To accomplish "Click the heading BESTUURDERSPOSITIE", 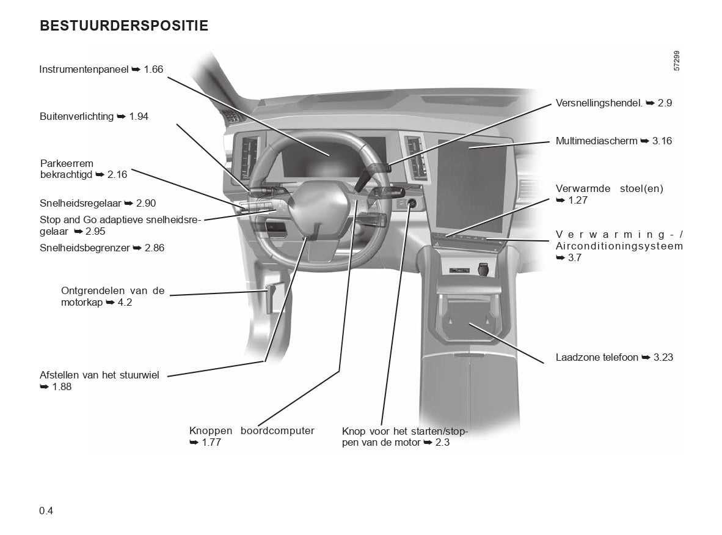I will pos(124,26).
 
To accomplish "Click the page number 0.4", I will pos(46,511).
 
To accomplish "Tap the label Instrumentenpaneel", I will pos(84,70).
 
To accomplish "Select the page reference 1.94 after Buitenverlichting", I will pos(139,116).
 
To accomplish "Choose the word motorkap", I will pos(82,302).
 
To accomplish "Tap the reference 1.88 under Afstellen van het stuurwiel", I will pos(62,386).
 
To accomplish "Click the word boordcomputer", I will pos(278,430).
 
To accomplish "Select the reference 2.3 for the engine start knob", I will pos(442,442).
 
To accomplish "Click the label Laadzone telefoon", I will pos(597,357).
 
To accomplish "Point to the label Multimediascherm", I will pos(596,141).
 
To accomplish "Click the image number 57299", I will pos(677,61).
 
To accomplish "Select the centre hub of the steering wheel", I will pos(317,211).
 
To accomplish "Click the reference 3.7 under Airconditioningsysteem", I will pos(574,257).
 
